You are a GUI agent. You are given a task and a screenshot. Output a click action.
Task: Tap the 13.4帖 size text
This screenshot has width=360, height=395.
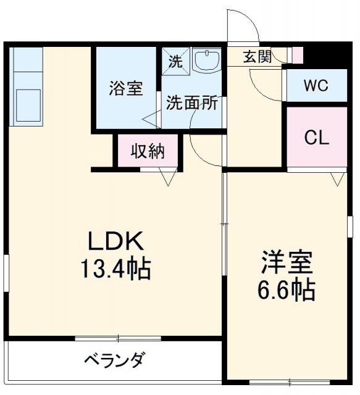point(115,268)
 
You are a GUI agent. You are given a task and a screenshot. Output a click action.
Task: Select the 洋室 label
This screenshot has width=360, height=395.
point(286,262)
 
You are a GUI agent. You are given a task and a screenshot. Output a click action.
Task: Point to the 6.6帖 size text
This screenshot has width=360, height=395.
point(286,289)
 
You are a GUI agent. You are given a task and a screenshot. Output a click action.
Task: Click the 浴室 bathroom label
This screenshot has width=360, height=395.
point(126,89)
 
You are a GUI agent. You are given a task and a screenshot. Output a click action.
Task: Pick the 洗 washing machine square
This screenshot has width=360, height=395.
point(175,61)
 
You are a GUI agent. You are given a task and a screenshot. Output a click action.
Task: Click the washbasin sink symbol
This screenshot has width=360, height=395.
point(206,60)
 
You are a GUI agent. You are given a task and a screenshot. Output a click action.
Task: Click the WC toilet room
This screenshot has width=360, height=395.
point(316,86)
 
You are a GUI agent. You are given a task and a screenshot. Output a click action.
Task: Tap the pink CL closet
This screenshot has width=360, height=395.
point(316,138)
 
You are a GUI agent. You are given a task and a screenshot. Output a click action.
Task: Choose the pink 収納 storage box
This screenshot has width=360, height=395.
point(148,152)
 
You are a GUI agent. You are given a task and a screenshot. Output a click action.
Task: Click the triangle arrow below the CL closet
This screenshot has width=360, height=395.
point(337,179)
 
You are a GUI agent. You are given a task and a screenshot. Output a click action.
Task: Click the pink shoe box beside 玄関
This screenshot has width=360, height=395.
point(298,55)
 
